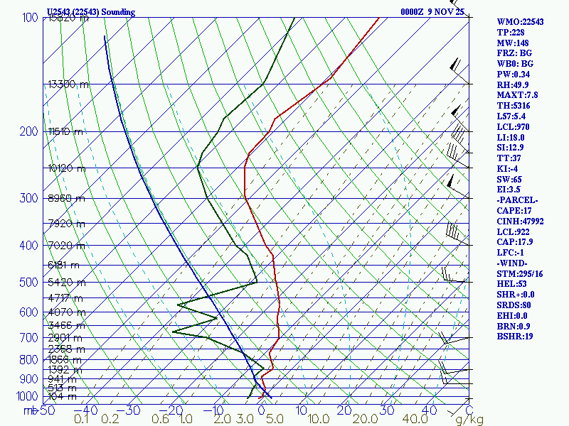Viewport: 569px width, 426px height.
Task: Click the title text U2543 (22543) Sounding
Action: pos(90,12)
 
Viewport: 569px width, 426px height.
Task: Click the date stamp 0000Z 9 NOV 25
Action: pos(432,12)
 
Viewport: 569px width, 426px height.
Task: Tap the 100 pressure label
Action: pos(30,17)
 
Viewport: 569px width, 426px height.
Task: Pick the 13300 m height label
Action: pos(69,84)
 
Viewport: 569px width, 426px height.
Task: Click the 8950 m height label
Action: pos(65,199)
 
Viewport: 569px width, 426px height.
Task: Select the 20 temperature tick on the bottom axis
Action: pos(344,410)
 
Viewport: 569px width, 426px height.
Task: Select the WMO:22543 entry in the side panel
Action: pos(520,21)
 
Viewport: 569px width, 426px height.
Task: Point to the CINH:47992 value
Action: pos(520,222)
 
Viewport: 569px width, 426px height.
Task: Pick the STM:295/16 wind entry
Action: pos(521,274)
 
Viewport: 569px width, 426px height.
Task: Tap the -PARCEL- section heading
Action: pos(517,200)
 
